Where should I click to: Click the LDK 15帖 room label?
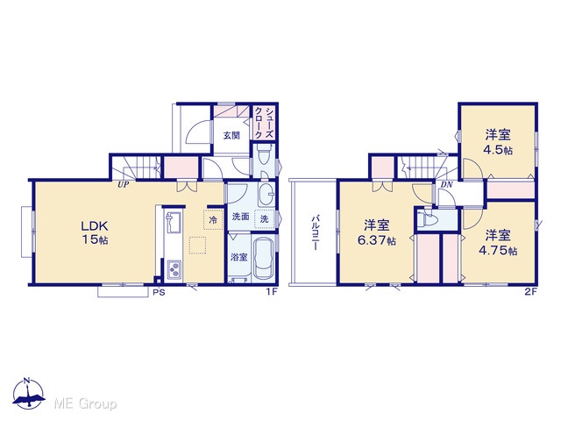(95, 232)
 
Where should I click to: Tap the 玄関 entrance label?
(231, 136)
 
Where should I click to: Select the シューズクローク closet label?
(264, 124)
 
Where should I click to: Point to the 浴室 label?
(238, 257)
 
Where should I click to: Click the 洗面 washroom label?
(240, 217)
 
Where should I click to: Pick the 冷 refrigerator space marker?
(213, 219)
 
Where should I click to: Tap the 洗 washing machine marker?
(264, 218)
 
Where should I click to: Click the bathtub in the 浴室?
(264, 258)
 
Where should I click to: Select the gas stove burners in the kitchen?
(174, 270)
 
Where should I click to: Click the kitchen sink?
(174, 222)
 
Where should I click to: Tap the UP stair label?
(124, 185)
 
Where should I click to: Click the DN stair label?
(446, 185)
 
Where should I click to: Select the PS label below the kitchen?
(159, 292)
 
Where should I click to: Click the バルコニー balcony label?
(316, 232)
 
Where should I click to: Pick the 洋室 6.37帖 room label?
(377, 232)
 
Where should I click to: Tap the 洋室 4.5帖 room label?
(498, 142)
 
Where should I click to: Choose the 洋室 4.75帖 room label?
(498, 243)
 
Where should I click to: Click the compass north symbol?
(28, 393)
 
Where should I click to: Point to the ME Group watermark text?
(85, 404)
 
